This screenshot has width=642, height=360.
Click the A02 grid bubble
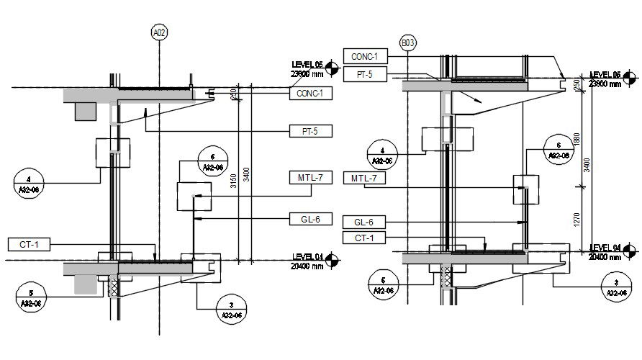point(159,32)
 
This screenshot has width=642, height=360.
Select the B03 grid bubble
point(408,44)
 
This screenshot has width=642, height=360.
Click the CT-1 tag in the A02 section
point(29,245)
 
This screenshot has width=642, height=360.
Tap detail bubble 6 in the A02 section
point(212,161)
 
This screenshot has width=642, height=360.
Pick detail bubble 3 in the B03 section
point(616,288)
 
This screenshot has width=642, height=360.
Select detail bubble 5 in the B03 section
point(382,284)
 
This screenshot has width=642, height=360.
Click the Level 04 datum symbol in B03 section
point(630,251)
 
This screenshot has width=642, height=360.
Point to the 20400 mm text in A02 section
point(307,266)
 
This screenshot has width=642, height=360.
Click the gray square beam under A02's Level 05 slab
point(83,111)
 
